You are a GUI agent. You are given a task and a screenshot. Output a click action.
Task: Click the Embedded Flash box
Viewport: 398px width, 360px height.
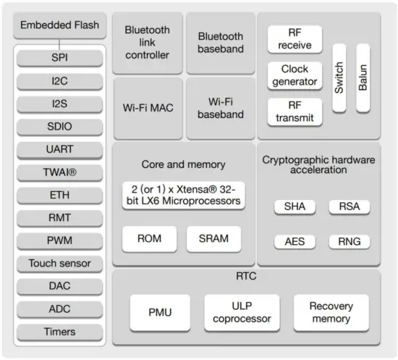[x=60, y=25]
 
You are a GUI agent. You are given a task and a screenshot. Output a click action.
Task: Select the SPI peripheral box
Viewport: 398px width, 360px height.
[x=60, y=57]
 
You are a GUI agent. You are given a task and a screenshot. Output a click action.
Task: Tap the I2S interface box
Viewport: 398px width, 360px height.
[x=60, y=104]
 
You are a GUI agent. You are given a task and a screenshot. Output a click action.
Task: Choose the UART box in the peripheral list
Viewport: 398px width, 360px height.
[x=60, y=149]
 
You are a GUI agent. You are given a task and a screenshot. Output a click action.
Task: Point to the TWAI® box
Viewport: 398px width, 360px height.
[x=60, y=172]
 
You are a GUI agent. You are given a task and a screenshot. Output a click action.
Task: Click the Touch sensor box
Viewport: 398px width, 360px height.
[x=60, y=263]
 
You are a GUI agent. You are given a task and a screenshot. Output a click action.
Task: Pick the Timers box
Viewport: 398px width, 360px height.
[x=60, y=332]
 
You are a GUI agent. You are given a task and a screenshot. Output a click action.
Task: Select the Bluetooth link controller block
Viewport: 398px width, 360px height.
[x=147, y=42]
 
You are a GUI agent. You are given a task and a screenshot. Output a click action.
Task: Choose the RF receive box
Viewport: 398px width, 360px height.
[x=294, y=39]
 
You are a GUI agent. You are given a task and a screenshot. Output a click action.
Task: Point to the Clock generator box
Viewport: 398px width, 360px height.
[x=294, y=75]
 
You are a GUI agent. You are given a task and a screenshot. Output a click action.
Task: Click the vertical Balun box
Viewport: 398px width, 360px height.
[x=363, y=78]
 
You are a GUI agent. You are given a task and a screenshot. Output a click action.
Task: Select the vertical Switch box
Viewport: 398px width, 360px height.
[x=339, y=78]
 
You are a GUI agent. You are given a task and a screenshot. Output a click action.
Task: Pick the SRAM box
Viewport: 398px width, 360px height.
[x=213, y=238]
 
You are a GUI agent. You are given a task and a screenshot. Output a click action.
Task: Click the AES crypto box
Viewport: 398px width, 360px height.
[x=294, y=241]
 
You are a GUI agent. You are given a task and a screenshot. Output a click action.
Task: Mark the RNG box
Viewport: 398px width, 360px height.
[x=349, y=241]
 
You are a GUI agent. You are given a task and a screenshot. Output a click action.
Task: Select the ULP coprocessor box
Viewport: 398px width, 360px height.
[x=241, y=312]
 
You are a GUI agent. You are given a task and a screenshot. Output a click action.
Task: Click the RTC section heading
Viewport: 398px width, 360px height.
[x=246, y=276]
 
